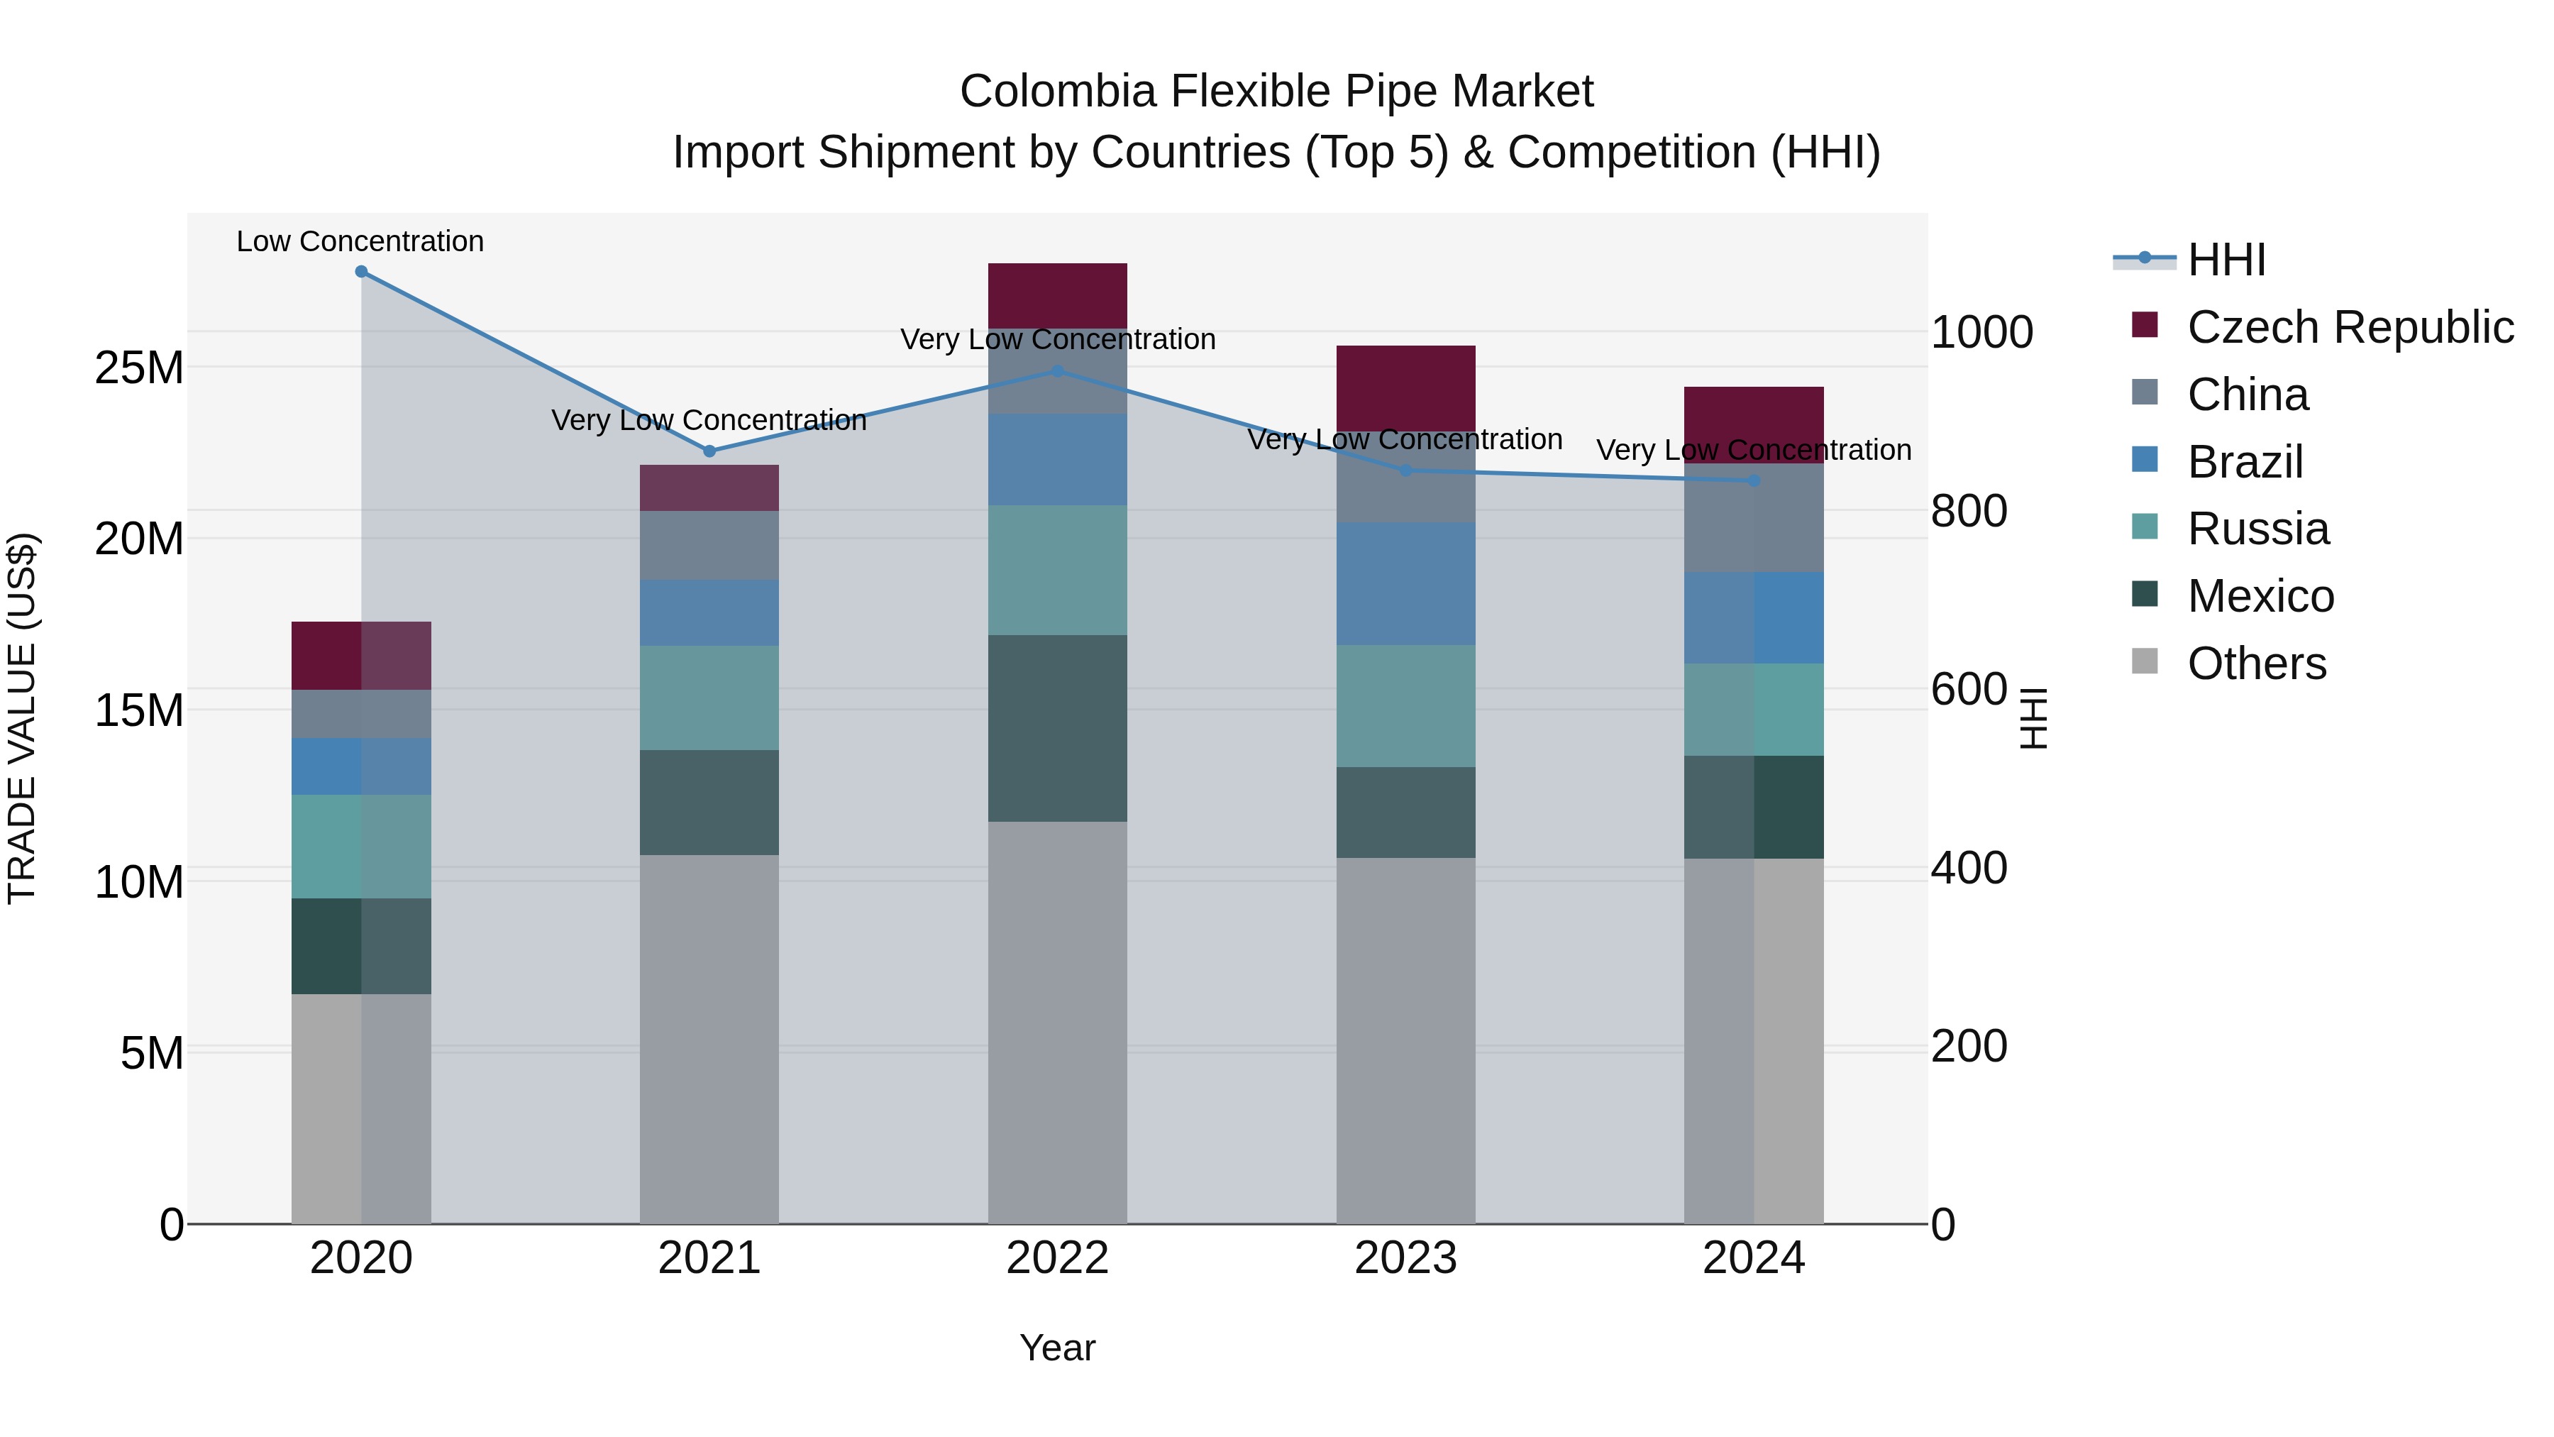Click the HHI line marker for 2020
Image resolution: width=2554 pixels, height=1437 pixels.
point(361,272)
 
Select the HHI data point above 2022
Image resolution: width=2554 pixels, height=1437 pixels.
point(1057,372)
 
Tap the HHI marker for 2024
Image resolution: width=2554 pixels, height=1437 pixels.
point(1754,481)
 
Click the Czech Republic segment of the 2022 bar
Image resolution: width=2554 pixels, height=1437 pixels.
point(1057,295)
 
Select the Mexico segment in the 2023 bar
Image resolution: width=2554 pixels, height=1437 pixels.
point(1405,813)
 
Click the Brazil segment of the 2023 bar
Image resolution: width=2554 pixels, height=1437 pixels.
point(1405,584)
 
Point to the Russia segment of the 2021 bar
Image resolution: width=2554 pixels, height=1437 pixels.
point(709,698)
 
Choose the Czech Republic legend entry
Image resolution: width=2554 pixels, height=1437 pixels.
point(2350,327)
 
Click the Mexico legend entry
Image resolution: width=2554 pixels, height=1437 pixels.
point(2260,596)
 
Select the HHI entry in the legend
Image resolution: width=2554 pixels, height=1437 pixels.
point(2226,260)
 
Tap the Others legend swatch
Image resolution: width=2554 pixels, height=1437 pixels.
point(2145,661)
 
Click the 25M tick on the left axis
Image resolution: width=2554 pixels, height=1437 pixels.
point(139,368)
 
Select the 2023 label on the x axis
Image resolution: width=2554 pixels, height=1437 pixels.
point(1405,1258)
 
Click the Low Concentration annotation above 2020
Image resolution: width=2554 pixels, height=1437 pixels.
point(360,241)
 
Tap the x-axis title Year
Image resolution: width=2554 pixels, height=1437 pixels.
point(1057,1348)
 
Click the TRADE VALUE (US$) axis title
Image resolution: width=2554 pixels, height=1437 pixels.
point(22,718)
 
